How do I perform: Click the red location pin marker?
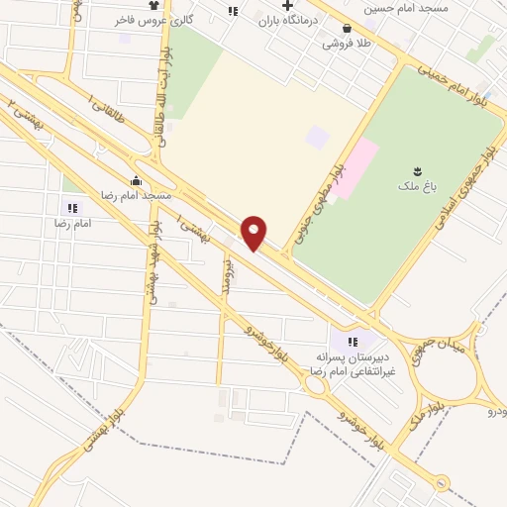tap(254, 232)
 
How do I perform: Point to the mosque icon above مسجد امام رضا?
tap(136, 181)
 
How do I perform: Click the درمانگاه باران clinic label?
tap(286, 20)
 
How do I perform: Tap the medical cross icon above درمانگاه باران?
tap(287, 6)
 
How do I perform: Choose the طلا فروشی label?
tap(345, 44)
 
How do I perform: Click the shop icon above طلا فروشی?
tap(346, 30)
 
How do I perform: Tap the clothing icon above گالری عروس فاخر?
tap(153, 6)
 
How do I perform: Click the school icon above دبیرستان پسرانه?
tap(352, 342)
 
